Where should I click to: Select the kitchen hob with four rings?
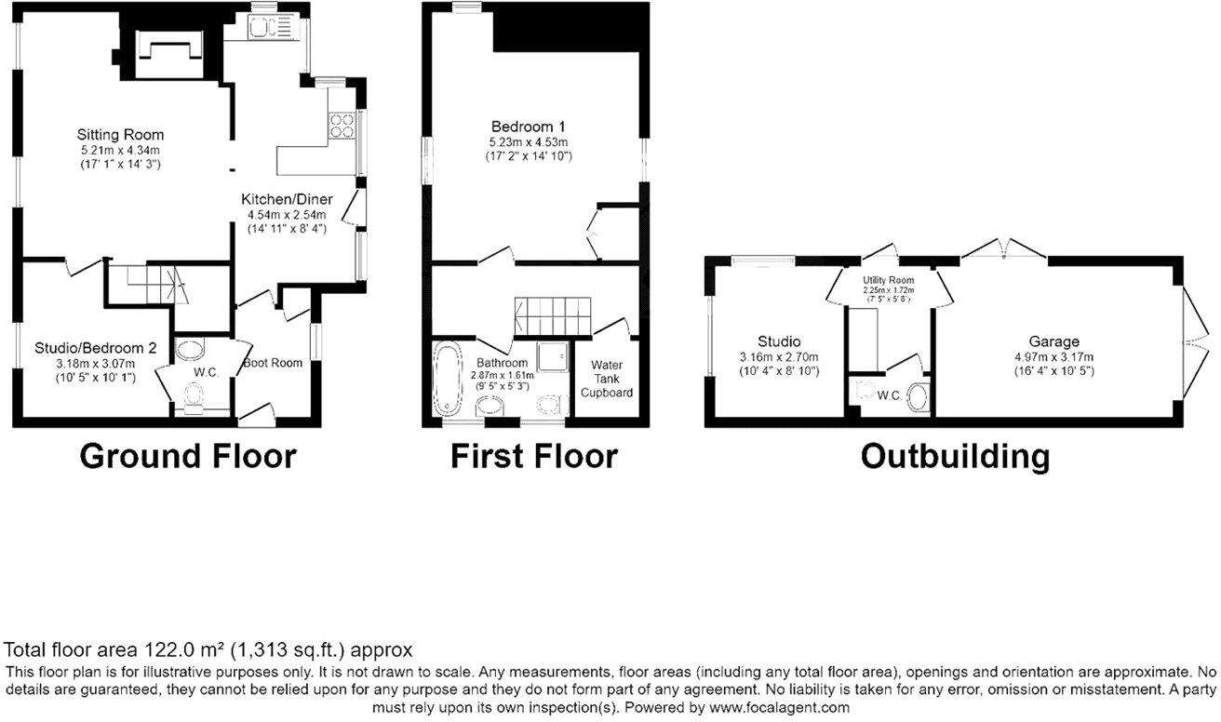[x=342, y=125]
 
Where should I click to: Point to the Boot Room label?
[x=274, y=363]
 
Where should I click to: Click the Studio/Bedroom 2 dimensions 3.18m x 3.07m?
[x=96, y=364]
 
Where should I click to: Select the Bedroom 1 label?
[x=529, y=127]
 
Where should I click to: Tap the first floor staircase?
[x=548, y=316]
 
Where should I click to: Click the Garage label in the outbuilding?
[x=1053, y=341]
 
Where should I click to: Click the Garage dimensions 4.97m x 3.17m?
[x=1053, y=357]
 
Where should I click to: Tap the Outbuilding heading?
[x=955, y=457]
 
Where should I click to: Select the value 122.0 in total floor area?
[x=168, y=649]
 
